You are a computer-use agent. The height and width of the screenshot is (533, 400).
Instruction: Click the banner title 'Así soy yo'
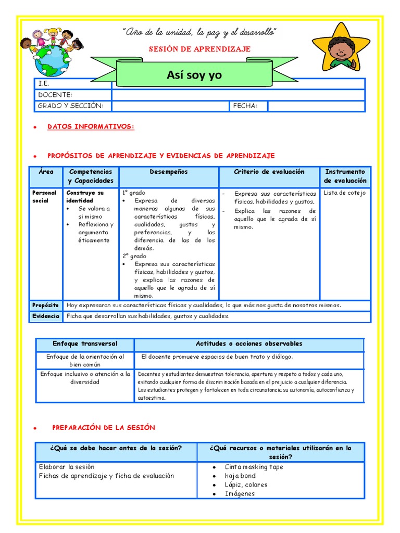194,75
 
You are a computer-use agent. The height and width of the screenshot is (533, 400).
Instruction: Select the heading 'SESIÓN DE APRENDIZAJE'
200,49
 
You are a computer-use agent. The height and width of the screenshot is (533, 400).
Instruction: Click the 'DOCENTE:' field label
55,95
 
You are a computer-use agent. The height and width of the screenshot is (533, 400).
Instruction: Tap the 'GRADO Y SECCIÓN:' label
71,106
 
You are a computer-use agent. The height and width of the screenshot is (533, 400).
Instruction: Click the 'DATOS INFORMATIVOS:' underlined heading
91,126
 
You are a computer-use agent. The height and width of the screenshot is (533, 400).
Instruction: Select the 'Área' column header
46,172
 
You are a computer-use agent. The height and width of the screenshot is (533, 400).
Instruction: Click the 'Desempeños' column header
169,172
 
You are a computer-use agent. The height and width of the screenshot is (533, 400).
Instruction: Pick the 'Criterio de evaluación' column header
269,172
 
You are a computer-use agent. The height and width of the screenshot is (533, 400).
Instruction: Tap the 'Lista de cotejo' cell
344,193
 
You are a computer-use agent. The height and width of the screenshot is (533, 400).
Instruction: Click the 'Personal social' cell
44,197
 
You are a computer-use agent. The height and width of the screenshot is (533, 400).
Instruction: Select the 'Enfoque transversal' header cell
85,344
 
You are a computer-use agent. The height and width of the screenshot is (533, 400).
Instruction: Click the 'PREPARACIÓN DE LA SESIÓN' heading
104,427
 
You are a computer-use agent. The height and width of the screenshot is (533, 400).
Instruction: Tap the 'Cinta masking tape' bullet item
254,467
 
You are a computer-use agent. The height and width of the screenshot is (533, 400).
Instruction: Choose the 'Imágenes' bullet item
240,493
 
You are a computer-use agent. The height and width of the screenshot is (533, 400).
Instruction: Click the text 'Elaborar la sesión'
67,467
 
